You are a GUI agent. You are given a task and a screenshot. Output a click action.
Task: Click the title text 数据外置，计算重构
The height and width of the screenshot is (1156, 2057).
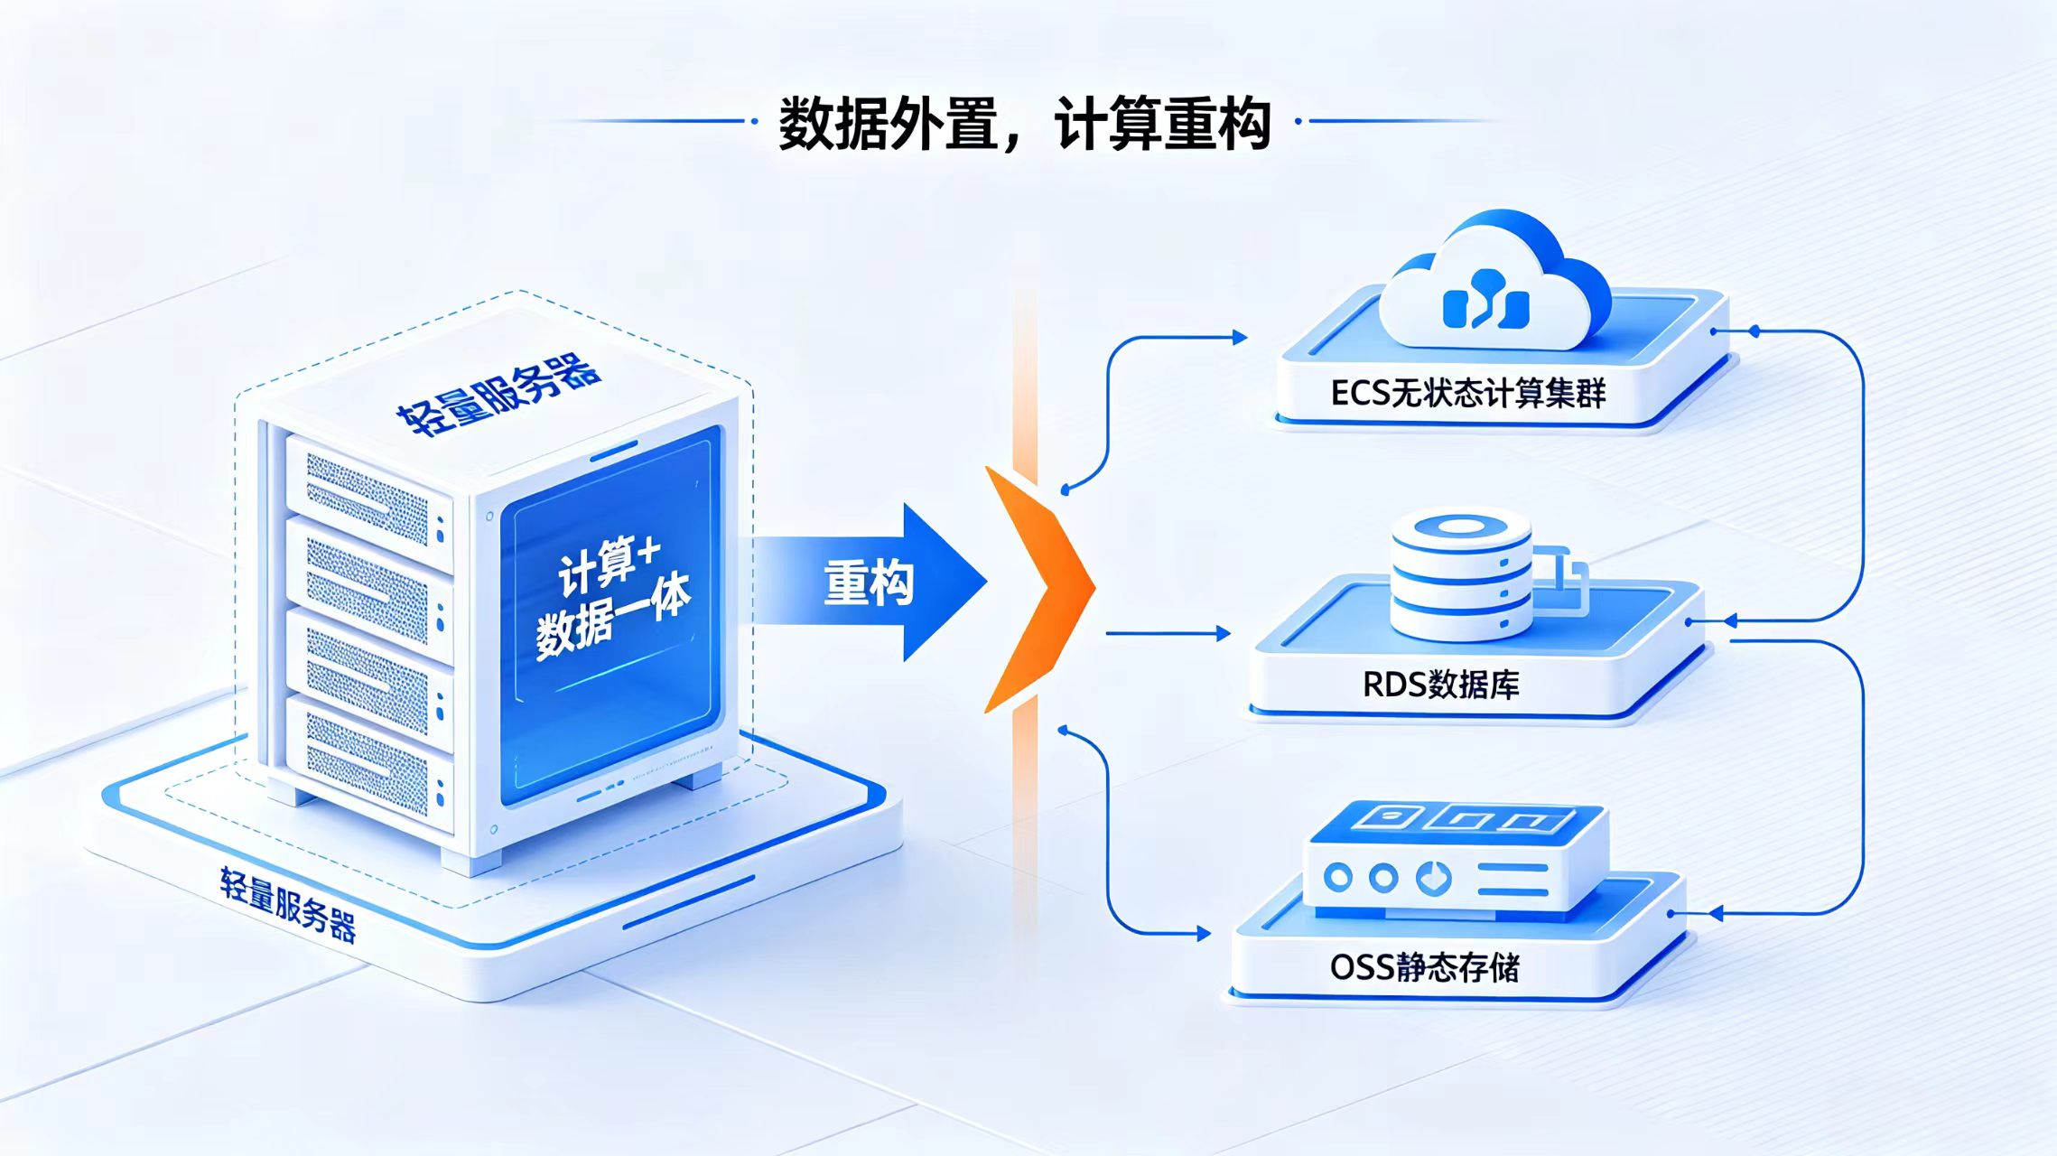point(1025,123)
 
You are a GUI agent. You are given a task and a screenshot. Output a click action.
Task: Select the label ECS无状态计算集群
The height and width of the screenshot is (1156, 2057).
point(1468,394)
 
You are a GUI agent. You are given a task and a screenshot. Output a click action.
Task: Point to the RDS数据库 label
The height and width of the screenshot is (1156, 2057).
point(1440,685)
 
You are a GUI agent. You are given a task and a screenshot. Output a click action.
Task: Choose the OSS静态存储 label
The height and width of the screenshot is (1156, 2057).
point(1425,967)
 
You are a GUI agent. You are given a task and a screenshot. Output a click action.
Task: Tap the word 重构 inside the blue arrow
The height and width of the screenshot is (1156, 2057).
point(869,583)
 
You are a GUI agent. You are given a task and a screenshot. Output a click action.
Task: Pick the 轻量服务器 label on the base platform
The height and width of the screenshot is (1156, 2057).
point(288,904)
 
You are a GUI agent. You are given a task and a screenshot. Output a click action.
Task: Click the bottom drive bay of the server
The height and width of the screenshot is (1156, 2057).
point(369,764)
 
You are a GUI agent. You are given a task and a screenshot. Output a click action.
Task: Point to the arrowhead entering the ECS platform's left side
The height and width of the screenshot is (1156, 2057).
point(1240,337)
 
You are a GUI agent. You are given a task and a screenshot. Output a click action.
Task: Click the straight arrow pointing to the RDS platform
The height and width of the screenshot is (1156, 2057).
point(1168,634)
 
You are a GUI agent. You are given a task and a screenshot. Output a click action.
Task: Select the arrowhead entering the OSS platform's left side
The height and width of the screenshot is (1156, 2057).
point(1204,934)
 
